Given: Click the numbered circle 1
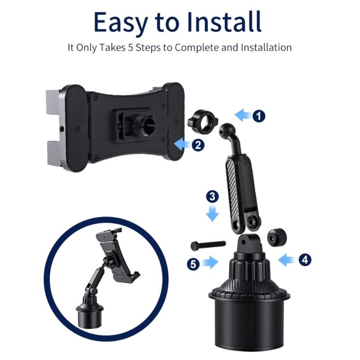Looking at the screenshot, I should pos(258,116).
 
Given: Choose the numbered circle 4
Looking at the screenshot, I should pos(304,259).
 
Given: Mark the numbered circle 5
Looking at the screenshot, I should pos(193,264).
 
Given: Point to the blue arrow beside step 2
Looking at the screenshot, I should pos(182,144).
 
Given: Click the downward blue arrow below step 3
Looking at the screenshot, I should pos(213,213).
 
